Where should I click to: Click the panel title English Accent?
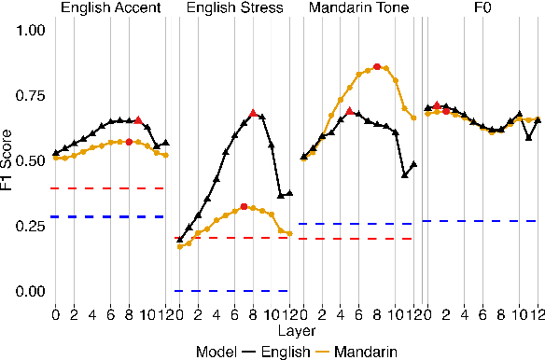coord(110,9)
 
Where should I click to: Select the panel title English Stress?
coord(232,9)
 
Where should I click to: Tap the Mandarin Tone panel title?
coord(356,9)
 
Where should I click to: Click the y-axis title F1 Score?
coord(9,160)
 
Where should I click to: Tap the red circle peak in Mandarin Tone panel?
coord(377,67)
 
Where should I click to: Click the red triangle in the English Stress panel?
coord(253,113)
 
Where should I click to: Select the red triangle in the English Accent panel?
coord(138,120)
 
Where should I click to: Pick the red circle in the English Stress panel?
coord(244,206)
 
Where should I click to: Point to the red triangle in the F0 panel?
coord(437,105)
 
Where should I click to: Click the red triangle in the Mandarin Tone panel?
coord(349,111)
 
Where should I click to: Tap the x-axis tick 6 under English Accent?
coord(110,314)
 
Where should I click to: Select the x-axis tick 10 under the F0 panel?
coord(520,314)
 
